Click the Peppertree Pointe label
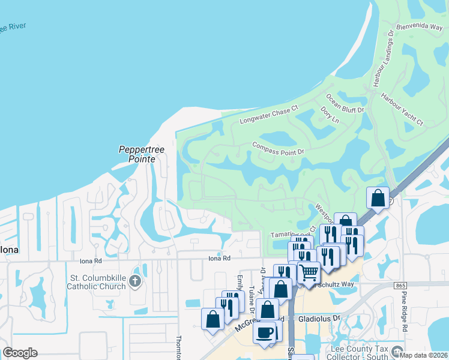click(137, 154)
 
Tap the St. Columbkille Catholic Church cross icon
click(135, 281)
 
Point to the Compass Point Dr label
click(279, 148)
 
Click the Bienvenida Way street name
click(420, 27)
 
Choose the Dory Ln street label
click(330, 115)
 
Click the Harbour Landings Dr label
click(382, 54)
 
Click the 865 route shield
click(400, 286)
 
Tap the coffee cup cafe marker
click(264, 332)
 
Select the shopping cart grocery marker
click(309, 272)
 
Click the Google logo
click(20, 353)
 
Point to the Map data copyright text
click(424, 355)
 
